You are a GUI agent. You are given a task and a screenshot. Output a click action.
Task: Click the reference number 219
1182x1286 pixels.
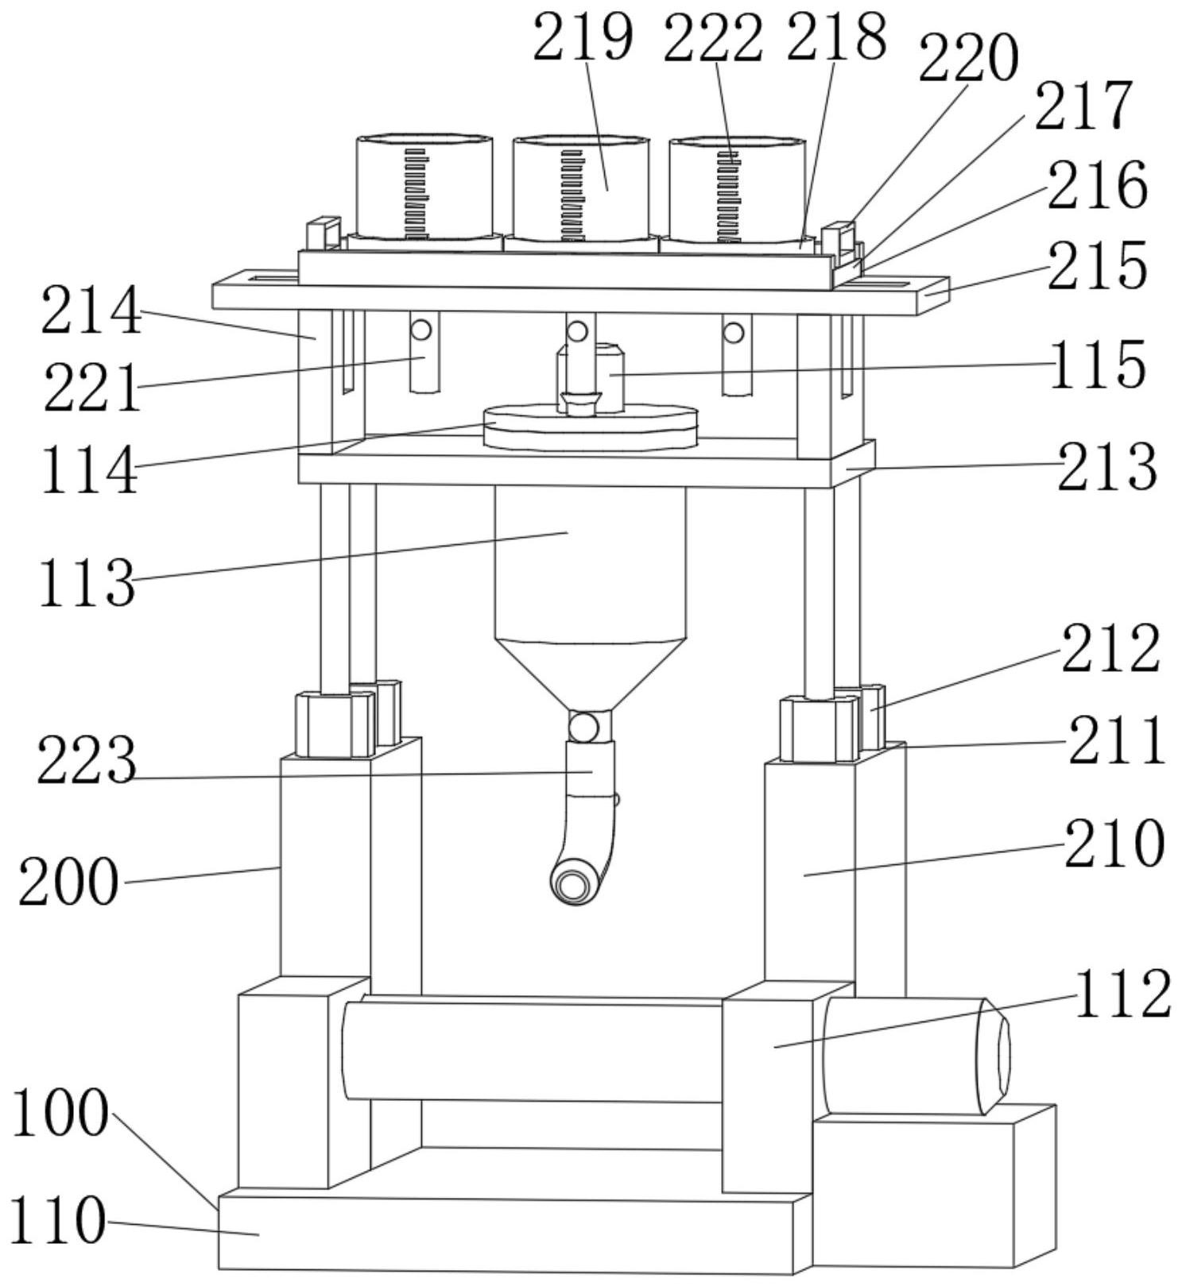click(583, 37)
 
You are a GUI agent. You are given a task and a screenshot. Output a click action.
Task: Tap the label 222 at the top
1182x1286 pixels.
click(713, 37)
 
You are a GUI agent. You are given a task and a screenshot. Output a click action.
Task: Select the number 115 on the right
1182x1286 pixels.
click(1098, 365)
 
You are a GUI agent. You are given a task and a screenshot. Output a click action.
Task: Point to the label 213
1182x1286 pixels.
click(1106, 466)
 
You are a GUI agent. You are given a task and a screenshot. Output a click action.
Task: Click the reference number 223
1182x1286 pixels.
click(87, 760)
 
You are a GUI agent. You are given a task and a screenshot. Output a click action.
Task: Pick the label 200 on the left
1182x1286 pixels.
click(68, 882)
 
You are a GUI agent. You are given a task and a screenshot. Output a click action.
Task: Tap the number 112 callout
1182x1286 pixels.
click(1122, 994)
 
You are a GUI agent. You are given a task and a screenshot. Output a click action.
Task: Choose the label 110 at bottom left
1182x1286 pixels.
click(57, 1219)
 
